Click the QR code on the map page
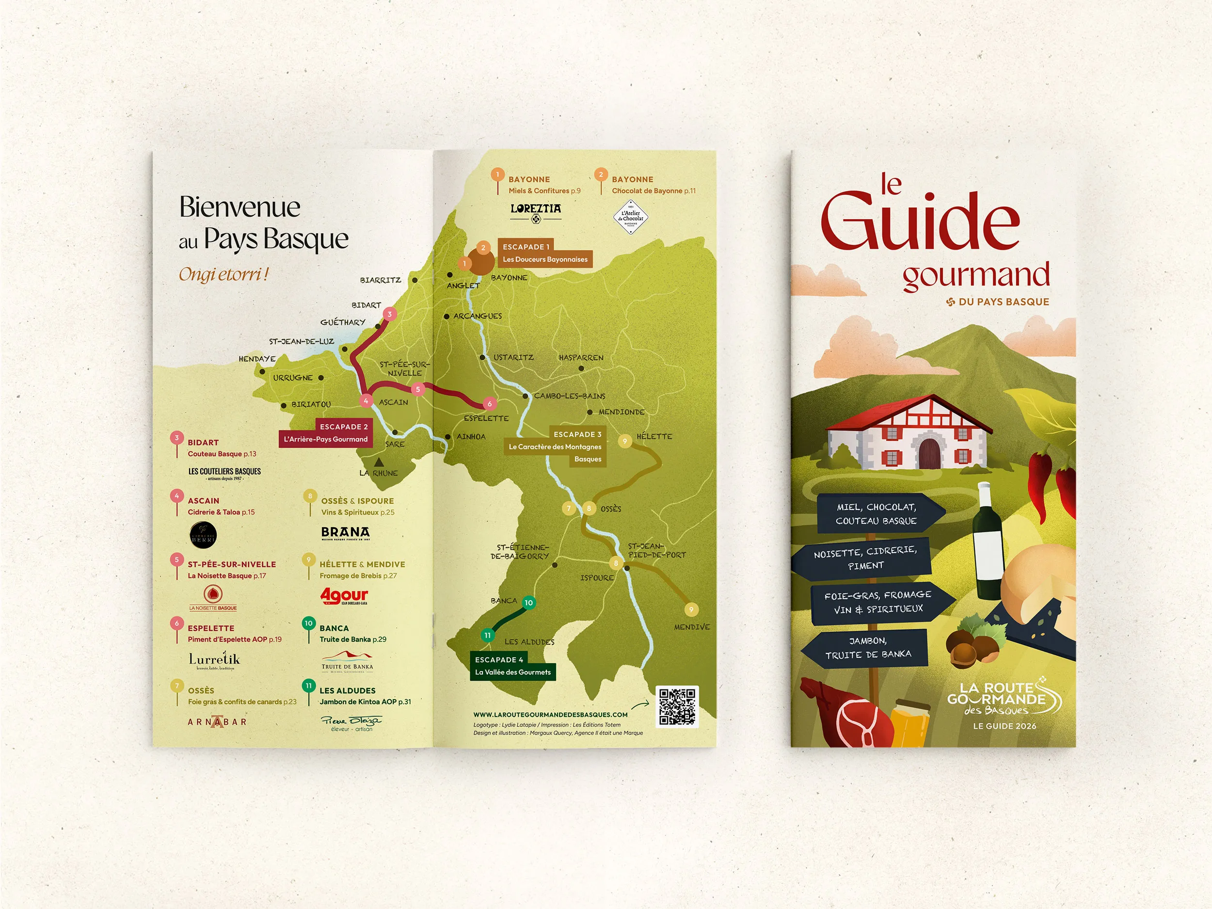(x=677, y=707)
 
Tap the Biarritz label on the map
(x=380, y=280)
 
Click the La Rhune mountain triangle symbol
(x=378, y=462)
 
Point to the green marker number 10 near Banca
(x=528, y=603)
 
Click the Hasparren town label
(x=581, y=358)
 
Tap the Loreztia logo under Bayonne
(x=535, y=211)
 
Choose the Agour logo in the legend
(x=344, y=596)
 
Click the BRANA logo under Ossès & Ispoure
(x=345, y=533)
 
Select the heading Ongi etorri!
(x=223, y=274)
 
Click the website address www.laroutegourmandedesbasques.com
(x=550, y=715)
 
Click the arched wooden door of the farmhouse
(x=929, y=453)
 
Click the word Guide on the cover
(x=921, y=222)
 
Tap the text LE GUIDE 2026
(x=1005, y=726)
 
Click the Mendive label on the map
(x=691, y=627)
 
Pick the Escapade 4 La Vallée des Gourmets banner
(x=512, y=666)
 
